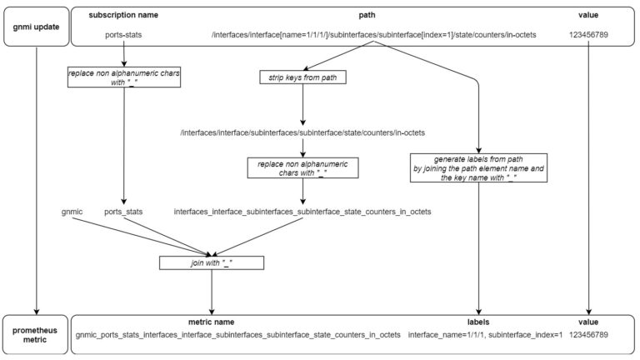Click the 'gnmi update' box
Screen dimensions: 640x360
[x=37, y=27]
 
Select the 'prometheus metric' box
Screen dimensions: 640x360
[x=36, y=335]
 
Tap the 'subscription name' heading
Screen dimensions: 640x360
[x=123, y=15]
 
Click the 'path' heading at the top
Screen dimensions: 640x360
[x=367, y=15]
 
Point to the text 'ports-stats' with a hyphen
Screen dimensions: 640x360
[x=123, y=35]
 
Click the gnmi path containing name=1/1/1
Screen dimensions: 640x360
[x=373, y=35]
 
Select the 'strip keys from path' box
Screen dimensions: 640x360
[x=302, y=77]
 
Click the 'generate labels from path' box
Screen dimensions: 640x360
[x=478, y=168]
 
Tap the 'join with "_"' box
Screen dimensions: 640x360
[x=212, y=262]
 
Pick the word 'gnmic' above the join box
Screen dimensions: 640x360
[x=72, y=212]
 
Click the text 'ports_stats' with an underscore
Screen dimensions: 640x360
[x=123, y=212]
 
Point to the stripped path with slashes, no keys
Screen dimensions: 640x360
[x=302, y=132]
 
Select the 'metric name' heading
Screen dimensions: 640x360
[x=211, y=322]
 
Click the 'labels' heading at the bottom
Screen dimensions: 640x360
[x=478, y=322]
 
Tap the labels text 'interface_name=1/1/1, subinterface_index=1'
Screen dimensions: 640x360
[x=485, y=335]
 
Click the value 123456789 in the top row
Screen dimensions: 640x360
[x=588, y=35]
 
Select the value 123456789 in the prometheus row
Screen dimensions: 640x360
[x=588, y=335]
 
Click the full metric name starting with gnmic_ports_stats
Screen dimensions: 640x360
[x=238, y=335]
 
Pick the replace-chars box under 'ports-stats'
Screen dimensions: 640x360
[x=124, y=77]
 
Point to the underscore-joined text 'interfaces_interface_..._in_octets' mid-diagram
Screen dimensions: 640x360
[x=302, y=212]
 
